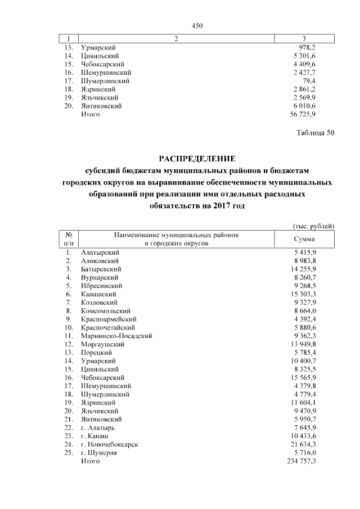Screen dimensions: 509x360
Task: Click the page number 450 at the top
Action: [x=197, y=25]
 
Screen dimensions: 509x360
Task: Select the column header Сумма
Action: [x=304, y=239]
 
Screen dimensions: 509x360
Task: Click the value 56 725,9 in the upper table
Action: [x=303, y=114]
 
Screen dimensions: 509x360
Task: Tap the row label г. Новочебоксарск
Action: [x=110, y=444]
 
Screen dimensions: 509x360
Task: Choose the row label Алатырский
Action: [x=100, y=253]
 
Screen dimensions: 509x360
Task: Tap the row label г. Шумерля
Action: [x=99, y=452]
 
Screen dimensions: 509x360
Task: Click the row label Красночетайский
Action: [x=107, y=327]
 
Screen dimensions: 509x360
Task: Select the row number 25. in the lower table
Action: [x=69, y=452]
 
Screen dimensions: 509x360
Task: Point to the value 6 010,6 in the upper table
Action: [x=304, y=106]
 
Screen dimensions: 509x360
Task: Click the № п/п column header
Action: [x=69, y=239]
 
